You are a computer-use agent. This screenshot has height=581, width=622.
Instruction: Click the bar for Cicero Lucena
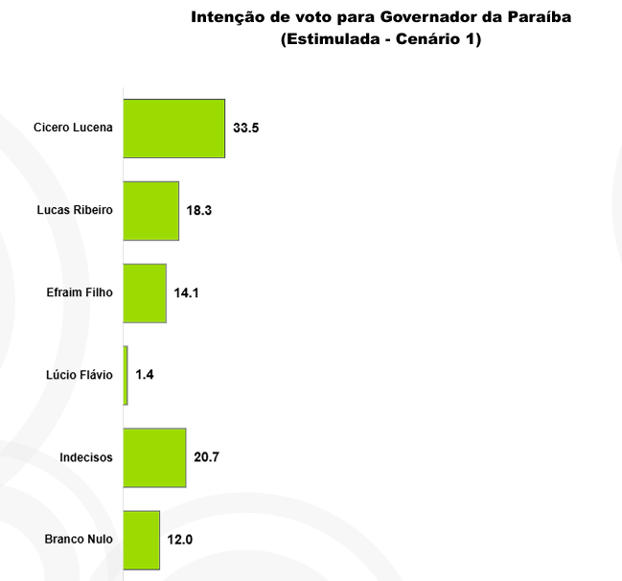174,128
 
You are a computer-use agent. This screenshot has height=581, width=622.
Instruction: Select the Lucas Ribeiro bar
151,211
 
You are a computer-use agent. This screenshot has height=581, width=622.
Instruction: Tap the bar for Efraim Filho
145,293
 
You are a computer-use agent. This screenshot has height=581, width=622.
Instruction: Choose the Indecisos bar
155,458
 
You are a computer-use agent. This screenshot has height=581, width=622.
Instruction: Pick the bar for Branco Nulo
142,540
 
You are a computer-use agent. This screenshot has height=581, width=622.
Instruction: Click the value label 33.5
246,128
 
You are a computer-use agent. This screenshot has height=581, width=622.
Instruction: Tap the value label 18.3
199,211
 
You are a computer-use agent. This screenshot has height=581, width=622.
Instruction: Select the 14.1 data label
187,293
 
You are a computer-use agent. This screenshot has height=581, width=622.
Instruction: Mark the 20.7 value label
207,458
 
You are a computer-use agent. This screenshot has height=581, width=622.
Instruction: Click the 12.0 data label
180,540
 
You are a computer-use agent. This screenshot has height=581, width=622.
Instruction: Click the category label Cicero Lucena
73,128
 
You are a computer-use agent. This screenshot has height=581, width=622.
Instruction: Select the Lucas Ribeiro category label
75,211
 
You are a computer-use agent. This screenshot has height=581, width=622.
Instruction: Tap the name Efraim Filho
80,293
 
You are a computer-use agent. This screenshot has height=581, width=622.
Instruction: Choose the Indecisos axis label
86,458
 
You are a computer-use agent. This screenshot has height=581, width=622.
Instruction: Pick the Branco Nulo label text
79,540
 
